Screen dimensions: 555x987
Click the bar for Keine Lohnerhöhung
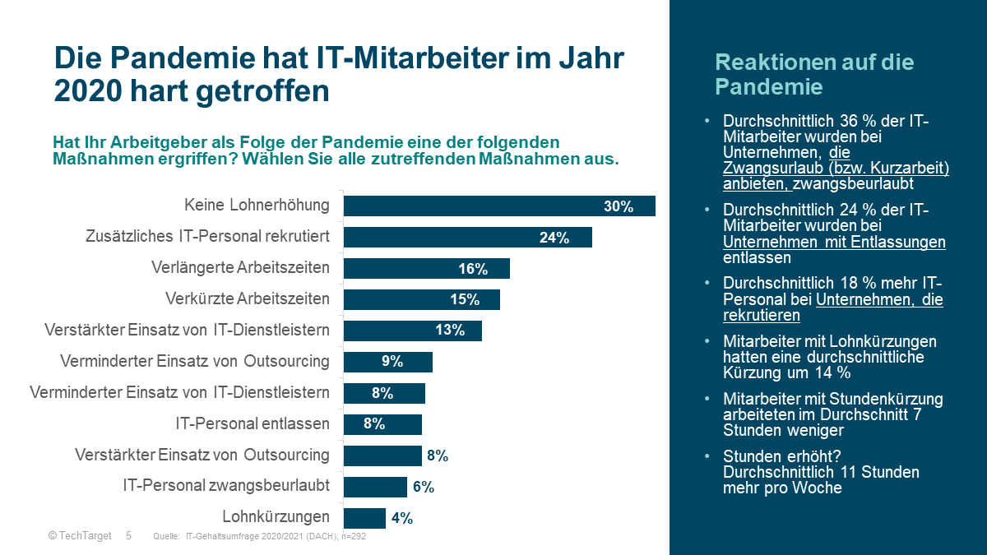498,206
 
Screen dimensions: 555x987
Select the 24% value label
554,238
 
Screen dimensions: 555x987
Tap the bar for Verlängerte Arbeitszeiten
426,269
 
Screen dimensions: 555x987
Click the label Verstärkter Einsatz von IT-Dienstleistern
187,330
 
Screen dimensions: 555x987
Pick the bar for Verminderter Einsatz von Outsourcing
387,362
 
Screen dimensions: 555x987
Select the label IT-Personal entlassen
253,424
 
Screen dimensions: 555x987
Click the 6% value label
423,487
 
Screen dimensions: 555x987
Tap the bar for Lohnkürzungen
364,518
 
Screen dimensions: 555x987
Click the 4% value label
401,518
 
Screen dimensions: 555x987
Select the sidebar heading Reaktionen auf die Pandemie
813,74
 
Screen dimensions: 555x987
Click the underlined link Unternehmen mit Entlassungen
834,242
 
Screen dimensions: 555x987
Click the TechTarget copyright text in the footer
81,535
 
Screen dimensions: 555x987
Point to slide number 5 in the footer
128,535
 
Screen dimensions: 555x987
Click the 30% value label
619,206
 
